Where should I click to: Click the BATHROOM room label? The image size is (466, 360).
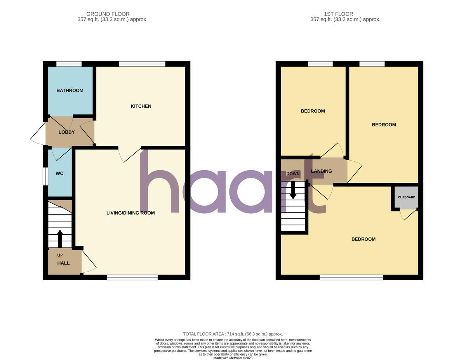(x=70, y=91)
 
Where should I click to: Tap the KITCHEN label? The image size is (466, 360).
(x=141, y=106)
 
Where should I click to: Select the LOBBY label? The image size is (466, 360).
(x=66, y=132)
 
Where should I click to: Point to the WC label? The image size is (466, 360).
(x=59, y=173)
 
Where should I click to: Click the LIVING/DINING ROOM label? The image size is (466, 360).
(x=130, y=213)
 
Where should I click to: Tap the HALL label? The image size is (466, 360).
(x=63, y=263)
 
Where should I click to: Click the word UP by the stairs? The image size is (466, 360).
(x=60, y=255)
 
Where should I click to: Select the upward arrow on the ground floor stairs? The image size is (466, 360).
(x=60, y=238)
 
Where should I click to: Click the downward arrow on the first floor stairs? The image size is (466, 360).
(x=293, y=190)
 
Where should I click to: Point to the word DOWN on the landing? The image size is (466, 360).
(x=293, y=174)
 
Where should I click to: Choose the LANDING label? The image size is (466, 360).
(x=322, y=171)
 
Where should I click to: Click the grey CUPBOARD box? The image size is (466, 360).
(x=406, y=197)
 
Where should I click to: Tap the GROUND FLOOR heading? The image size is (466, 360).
(x=108, y=14)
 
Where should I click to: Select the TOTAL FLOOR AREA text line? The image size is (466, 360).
(x=233, y=334)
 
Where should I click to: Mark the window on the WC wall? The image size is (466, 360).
(x=45, y=177)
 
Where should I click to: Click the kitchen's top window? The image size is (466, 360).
(x=142, y=64)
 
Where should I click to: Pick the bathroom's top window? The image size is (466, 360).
(x=69, y=64)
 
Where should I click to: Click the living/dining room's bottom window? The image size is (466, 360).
(x=132, y=277)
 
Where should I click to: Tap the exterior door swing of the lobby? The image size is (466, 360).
(x=38, y=132)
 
